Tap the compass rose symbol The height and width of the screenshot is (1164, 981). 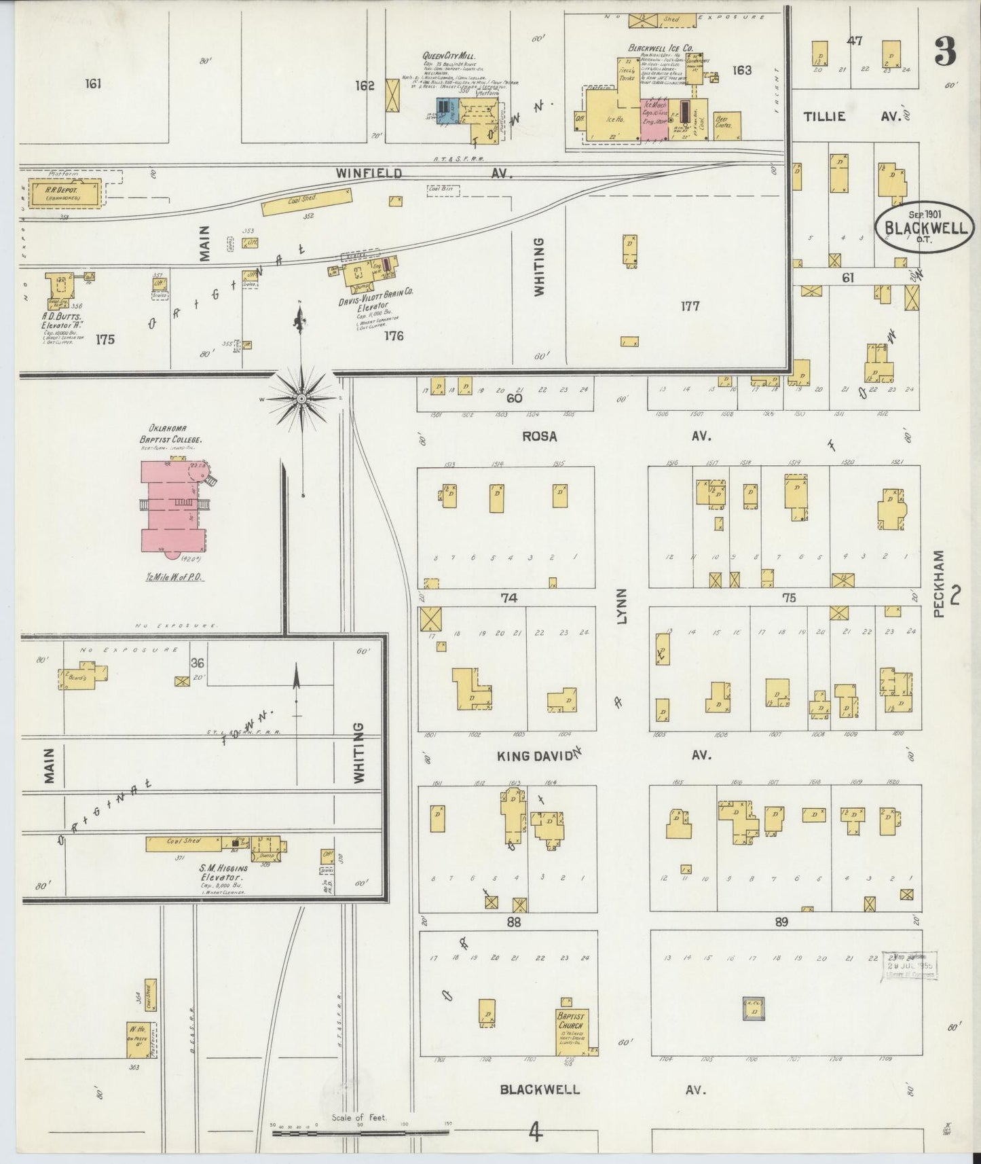(x=301, y=399)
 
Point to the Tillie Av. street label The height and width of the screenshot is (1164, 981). (x=851, y=116)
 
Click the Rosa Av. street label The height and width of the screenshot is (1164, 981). (x=614, y=436)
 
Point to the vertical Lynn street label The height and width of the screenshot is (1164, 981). (x=622, y=606)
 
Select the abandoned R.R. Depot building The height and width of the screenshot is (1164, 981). (x=64, y=193)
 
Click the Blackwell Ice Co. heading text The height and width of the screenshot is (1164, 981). (x=660, y=48)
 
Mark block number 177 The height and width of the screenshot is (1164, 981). (x=690, y=306)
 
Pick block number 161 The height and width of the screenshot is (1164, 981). (x=94, y=84)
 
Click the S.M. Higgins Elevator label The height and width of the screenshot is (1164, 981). (x=223, y=872)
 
